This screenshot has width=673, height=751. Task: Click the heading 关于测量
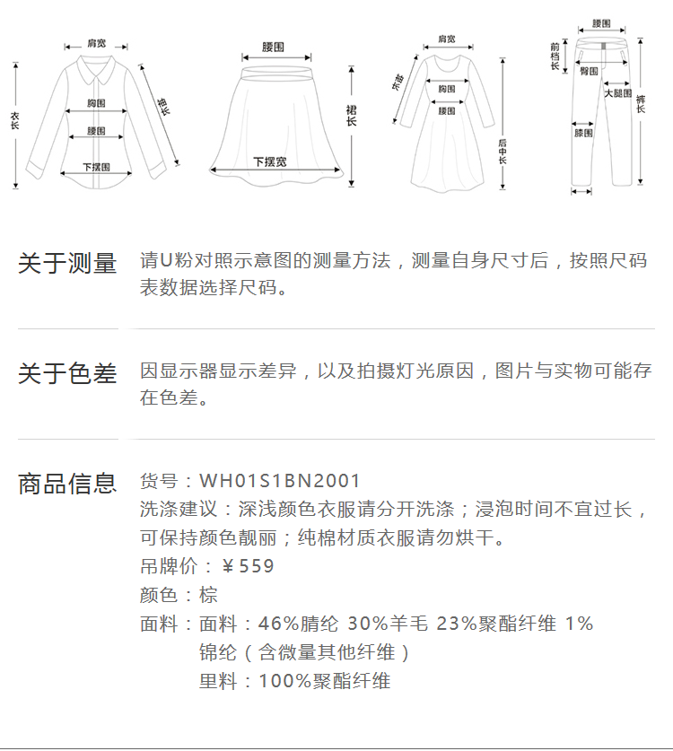tap(67, 264)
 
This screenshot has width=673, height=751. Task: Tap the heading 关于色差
tap(67, 374)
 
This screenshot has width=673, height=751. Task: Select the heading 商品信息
tap(67, 484)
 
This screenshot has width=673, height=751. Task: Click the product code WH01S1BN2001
tap(280, 482)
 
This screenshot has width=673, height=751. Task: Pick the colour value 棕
tap(208, 595)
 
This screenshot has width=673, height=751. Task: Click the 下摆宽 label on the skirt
tap(270, 162)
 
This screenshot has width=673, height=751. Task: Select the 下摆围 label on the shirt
tap(96, 167)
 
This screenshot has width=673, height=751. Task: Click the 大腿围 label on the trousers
tap(617, 93)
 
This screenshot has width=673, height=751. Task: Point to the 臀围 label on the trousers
tap(590, 71)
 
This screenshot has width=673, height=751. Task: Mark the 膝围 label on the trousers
tap(583, 133)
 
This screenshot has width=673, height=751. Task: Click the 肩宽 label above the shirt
tap(96, 43)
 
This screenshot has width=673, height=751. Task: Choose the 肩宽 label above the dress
tap(446, 39)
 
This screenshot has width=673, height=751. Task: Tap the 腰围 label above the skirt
tap(273, 46)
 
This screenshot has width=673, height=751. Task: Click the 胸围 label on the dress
tap(446, 89)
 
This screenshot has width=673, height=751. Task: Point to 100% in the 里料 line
tap(278, 681)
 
